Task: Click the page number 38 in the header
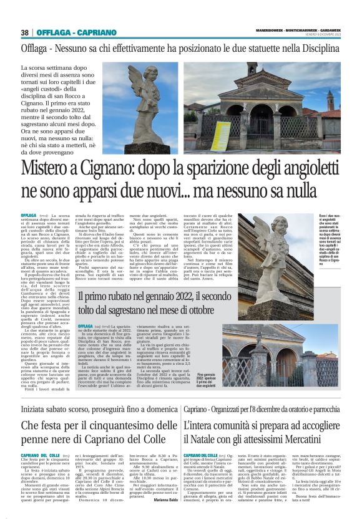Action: click(25, 32)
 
